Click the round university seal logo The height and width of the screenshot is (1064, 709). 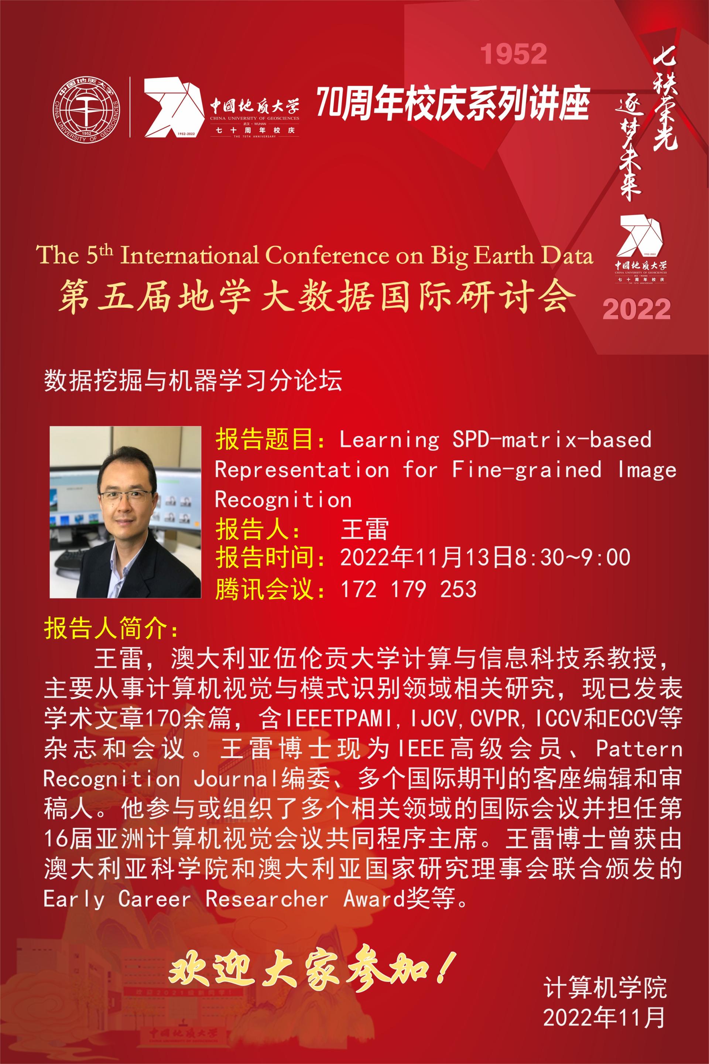pyautogui.click(x=86, y=109)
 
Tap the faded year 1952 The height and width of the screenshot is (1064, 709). pyautogui.click(x=513, y=54)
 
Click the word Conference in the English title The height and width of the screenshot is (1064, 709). pyautogui.click(x=326, y=255)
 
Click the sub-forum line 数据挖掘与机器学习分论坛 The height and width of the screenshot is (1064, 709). pyautogui.click(x=193, y=380)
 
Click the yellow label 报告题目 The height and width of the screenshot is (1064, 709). pyautogui.click(x=264, y=439)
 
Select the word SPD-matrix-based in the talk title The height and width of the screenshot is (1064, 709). pyautogui.click(x=552, y=439)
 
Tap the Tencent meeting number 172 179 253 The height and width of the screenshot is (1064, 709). pyautogui.click(x=408, y=589)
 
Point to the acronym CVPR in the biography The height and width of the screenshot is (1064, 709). pyautogui.click(x=495, y=718)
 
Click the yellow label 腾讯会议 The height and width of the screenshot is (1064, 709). pyautogui.click(x=264, y=589)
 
